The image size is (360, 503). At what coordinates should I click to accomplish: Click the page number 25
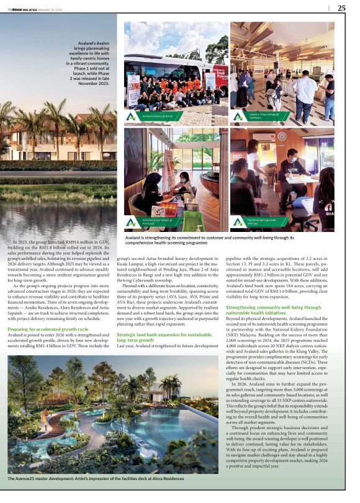pyautogui.click(x=341, y=8)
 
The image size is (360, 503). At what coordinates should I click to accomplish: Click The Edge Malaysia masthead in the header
pyautogui.click(x=22, y=8)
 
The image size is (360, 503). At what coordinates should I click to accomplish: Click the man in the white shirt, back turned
pyautogui.click(x=305, y=87)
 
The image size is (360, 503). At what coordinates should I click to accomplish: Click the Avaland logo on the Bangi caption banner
pyautogui.click(x=132, y=116)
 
